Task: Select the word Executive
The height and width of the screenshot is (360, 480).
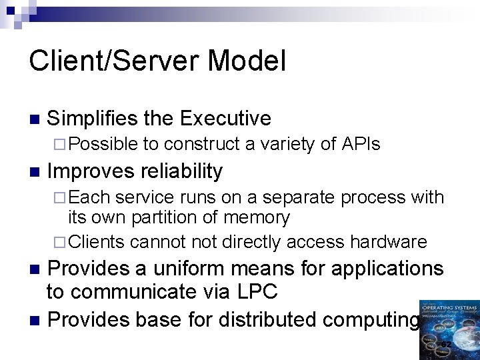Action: (225, 119)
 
